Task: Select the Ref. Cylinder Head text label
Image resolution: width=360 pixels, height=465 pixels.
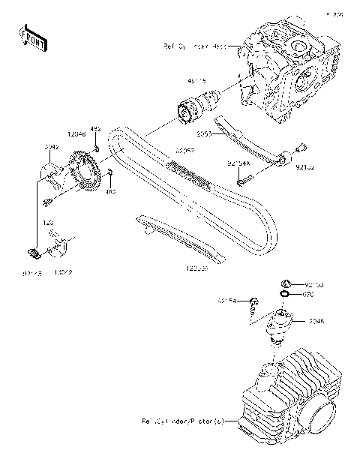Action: pyautogui.click(x=194, y=46)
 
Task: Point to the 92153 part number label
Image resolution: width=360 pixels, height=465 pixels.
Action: pyautogui.click(x=314, y=286)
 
